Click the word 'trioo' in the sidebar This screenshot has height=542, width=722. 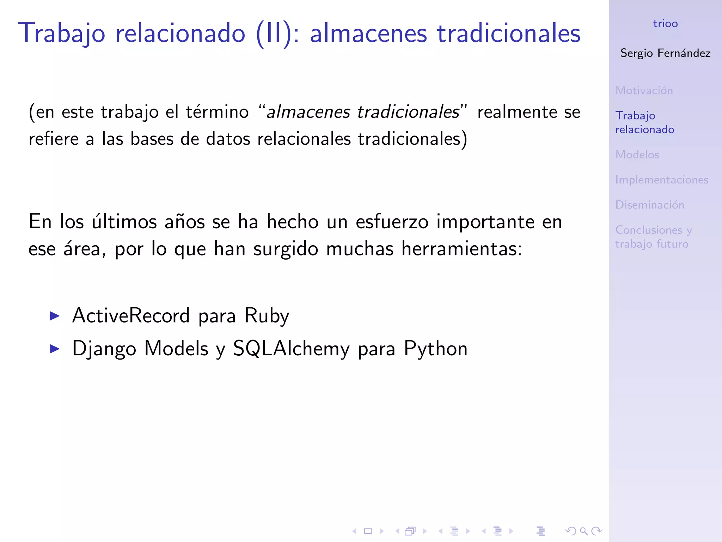pyautogui.click(x=665, y=24)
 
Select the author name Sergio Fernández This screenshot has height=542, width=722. pyautogui.click(x=665, y=53)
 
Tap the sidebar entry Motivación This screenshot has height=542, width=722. pyautogui.click(x=644, y=90)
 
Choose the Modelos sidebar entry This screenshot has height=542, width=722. pyautogui.click(x=637, y=155)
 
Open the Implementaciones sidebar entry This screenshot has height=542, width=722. pyautogui.click(x=662, y=180)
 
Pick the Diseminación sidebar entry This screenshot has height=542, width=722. pyautogui.click(x=650, y=205)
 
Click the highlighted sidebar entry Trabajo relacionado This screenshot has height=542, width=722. pyautogui.click(x=644, y=122)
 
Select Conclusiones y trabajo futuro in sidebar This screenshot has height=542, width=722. pyautogui.click(x=653, y=237)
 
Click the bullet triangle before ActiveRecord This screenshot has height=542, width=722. pyautogui.click(x=55, y=315)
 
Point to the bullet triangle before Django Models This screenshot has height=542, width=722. pyautogui.click(x=55, y=349)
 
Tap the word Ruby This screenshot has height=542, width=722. pyautogui.click(x=267, y=316)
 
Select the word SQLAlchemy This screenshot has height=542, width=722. pyautogui.click(x=291, y=349)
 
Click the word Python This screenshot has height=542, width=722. pyautogui.click(x=436, y=349)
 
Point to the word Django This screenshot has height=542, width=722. pyautogui.click(x=104, y=349)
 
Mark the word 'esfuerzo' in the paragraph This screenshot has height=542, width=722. pyautogui.click(x=392, y=222)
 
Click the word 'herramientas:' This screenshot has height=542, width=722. pyautogui.click(x=461, y=249)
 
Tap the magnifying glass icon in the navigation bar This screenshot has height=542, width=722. pyautogui.click(x=583, y=531)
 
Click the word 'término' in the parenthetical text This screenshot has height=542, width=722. pyautogui.click(x=217, y=112)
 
